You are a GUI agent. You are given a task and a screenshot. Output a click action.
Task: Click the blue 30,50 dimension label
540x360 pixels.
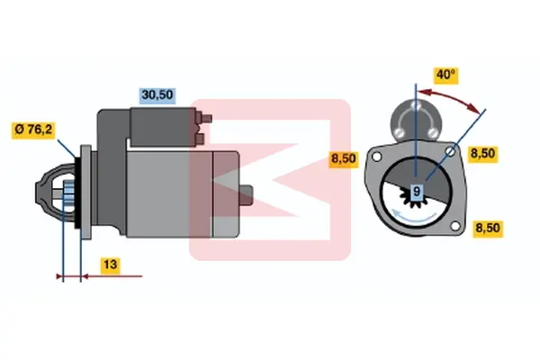pos(157,95)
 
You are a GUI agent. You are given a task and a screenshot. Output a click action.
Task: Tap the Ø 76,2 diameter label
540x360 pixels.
pos(33,130)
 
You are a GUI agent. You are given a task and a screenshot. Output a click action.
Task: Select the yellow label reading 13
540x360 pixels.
pos(110,265)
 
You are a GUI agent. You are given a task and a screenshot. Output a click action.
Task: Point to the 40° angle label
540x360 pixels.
pos(445,75)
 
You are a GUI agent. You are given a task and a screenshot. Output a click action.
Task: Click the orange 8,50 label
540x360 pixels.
pos(344,158)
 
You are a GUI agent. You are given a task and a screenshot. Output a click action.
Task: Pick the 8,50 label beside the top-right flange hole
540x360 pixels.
pos(482,154)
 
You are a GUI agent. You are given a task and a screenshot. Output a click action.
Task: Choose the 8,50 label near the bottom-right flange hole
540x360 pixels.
pos(488,229)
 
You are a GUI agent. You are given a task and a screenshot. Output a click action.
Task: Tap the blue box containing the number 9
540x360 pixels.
pos(417,191)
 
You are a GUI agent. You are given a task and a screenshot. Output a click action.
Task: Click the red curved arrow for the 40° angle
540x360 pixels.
pos(449,98)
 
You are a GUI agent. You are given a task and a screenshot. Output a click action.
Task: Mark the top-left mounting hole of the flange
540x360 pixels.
pos(377,157)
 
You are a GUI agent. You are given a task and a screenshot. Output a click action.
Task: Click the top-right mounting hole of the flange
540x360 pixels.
pos(450,151)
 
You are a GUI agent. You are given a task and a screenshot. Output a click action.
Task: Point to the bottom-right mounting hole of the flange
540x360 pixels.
pos(455,226)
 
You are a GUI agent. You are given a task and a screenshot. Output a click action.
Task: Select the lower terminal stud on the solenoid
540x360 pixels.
pos(200,139)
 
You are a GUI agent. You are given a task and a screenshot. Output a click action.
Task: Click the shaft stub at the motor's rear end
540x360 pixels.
pos(246,195)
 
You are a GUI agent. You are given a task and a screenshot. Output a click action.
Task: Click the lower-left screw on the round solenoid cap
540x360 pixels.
pos(399,132)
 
